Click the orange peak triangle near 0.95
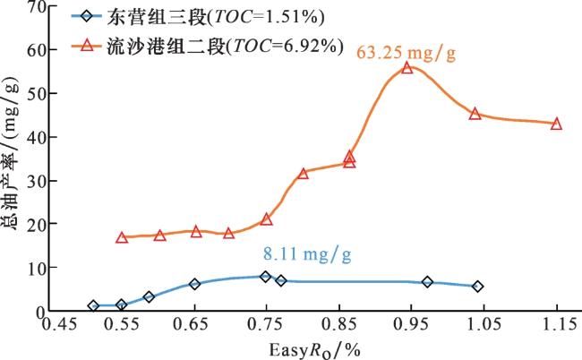[407, 67]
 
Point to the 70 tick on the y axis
[38, 7]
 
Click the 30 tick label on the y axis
[38, 181]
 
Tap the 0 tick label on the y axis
[43, 312]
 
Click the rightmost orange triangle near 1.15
[556, 124]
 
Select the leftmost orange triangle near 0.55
[122, 237]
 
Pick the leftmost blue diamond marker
[93, 305]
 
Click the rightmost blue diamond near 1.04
[477, 287]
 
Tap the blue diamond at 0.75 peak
[265, 277]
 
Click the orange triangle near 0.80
[303, 173]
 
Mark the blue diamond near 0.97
[427, 282]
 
